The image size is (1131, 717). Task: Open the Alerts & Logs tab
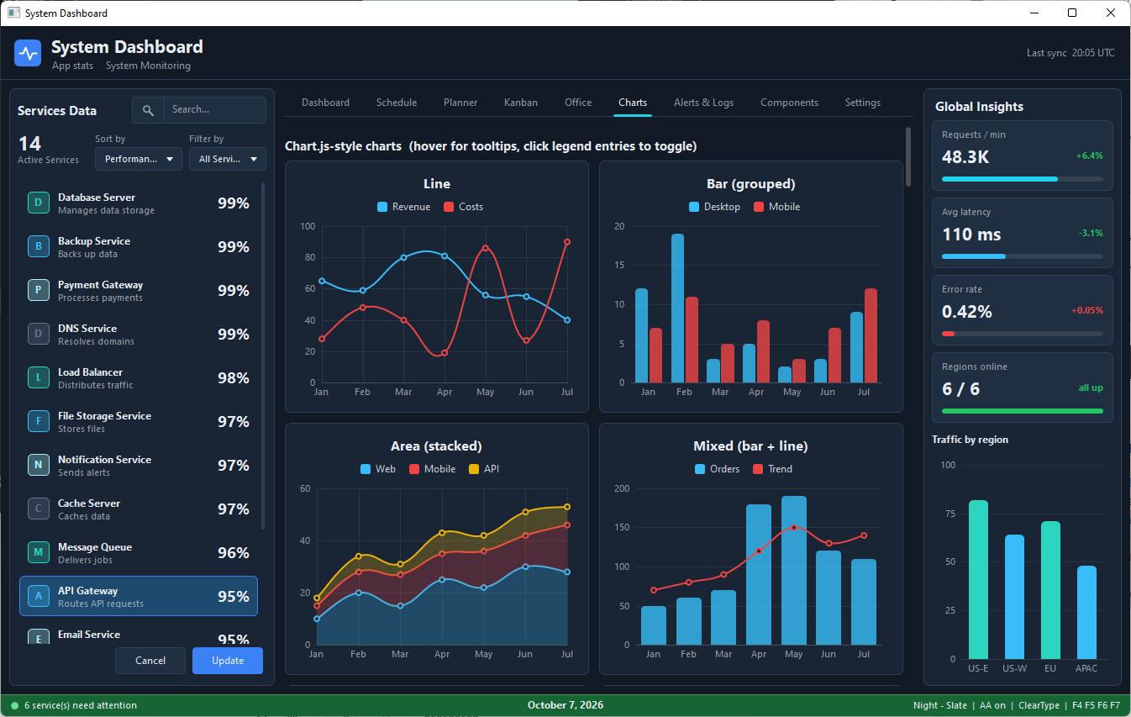[703, 103]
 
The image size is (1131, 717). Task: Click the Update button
[228, 661]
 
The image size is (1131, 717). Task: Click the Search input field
[214, 109]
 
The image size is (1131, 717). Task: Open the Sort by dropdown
[139, 159]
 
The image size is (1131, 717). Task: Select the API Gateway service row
[139, 596]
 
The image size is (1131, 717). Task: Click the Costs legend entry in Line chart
[464, 207]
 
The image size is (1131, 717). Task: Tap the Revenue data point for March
[403, 257]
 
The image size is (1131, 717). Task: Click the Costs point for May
[485, 248]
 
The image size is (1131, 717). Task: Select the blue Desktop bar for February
[677, 308]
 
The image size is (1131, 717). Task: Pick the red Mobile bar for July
[871, 335]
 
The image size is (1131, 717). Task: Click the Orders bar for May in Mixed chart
[794, 570]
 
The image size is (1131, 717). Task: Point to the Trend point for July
[864, 535]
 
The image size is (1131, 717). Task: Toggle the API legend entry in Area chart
[484, 469]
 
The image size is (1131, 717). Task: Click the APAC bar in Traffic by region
[1086, 613]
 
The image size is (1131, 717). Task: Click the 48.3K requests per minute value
[965, 157]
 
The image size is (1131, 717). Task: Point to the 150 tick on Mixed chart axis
[622, 527]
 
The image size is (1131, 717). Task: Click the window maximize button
[1072, 13]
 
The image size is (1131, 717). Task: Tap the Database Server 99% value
[234, 203]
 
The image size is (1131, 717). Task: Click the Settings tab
[862, 103]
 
